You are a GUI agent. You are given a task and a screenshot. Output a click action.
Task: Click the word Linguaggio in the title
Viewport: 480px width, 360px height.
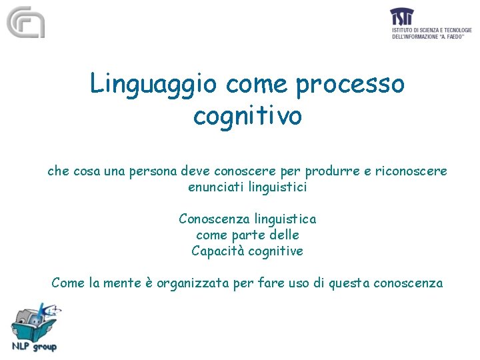(153, 85)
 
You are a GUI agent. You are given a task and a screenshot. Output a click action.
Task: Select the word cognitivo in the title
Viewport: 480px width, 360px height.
(247, 116)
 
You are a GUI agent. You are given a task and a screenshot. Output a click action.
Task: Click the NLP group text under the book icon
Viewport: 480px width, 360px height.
(34, 346)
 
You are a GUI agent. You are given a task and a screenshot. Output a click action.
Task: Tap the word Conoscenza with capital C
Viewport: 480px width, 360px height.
(211, 219)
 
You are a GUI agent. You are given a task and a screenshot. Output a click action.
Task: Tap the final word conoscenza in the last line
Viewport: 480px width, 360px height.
(408, 283)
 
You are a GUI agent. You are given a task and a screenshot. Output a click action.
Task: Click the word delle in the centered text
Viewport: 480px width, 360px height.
(283, 235)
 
